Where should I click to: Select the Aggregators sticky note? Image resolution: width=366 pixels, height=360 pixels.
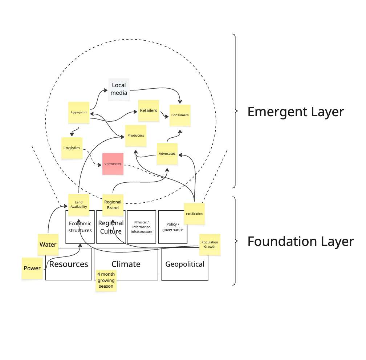point(79,113)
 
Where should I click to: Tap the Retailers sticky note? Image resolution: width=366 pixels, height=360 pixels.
point(148,110)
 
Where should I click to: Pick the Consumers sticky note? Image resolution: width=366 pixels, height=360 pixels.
point(180,115)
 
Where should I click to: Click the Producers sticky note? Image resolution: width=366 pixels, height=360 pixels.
point(136,135)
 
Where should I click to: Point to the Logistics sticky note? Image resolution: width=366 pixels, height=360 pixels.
point(72,148)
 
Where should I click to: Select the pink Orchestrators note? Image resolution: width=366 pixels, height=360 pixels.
point(113,164)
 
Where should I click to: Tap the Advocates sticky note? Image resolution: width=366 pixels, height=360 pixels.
point(167,154)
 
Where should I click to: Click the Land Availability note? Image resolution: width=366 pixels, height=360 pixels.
point(79,205)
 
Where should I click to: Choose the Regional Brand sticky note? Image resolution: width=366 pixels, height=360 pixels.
point(113,205)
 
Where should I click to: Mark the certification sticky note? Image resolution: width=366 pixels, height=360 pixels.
point(194,214)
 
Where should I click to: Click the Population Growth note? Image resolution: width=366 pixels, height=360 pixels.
point(210,244)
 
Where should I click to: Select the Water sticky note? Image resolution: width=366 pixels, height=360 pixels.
point(48,244)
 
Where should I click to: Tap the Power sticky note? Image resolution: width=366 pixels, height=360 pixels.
point(32,268)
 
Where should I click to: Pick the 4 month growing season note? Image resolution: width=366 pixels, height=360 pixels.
point(106,280)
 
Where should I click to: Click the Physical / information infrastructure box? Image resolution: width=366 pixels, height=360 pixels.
point(141,227)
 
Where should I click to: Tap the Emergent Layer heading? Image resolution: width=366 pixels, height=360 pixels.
point(296,112)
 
